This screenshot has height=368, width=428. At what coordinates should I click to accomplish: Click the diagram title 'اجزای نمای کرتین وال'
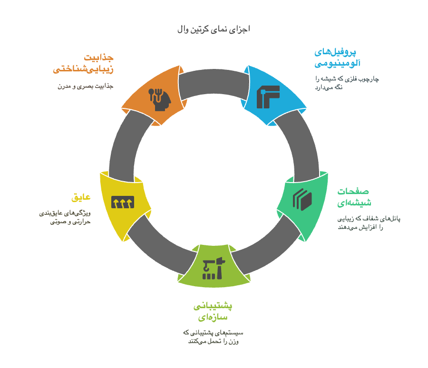[x=214, y=29]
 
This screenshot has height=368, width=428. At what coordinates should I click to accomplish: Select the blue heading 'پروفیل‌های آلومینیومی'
[x=337, y=58]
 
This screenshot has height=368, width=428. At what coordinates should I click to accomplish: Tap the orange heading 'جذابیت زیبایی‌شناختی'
[x=83, y=63]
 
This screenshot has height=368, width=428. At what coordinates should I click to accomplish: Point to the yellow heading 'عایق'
[x=81, y=197]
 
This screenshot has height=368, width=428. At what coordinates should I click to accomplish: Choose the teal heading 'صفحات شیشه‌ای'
[x=354, y=197]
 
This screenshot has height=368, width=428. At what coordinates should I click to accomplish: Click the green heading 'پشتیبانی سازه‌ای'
[x=213, y=311]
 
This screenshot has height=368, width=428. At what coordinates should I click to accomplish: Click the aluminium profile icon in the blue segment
[x=268, y=97]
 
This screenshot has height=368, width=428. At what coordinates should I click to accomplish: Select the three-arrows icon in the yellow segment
[x=123, y=202]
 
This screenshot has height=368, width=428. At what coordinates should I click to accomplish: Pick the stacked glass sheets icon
[x=302, y=200]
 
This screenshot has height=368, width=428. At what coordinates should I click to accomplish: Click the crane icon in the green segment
[x=214, y=268]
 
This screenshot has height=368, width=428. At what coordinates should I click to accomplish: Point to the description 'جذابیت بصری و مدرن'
[x=86, y=86]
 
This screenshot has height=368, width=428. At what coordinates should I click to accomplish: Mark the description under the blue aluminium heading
[x=347, y=83]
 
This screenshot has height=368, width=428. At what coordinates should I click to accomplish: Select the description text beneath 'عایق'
[x=65, y=217]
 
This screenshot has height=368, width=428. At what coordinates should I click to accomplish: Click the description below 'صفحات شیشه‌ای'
[x=369, y=223]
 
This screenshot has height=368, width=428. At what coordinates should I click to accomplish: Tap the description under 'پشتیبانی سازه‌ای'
[x=213, y=337]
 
